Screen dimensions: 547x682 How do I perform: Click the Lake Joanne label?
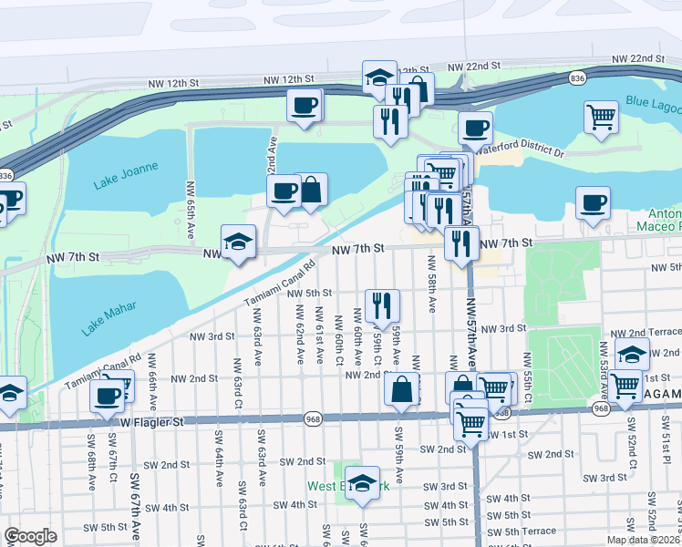pyautogui.click(x=126, y=168)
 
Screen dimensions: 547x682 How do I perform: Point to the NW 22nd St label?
pyautogui.click(x=474, y=66)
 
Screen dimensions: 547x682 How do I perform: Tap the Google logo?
pyautogui.click(x=30, y=536)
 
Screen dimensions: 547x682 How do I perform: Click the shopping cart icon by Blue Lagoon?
pyautogui.click(x=601, y=117)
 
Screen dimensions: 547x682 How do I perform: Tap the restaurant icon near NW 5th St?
pyautogui.click(x=383, y=304)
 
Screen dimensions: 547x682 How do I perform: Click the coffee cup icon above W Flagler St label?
pyautogui.click(x=107, y=396)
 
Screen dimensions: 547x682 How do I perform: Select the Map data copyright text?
pyautogui.click(x=642, y=539)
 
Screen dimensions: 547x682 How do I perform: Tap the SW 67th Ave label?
pyautogui.click(x=135, y=506)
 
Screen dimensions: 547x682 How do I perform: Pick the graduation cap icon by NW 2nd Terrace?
pyautogui.click(x=630, y=354)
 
